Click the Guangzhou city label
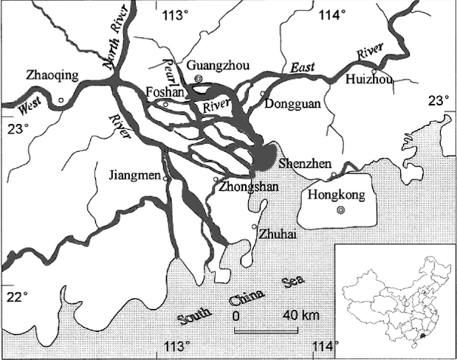click(215, 66)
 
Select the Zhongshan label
click(248, 187)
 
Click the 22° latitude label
click(18, 297)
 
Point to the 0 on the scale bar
click(238, 316)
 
